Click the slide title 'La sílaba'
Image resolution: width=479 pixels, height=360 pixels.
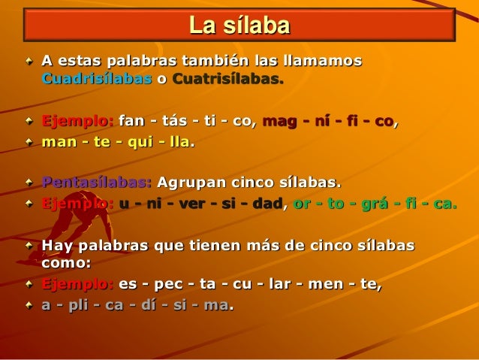click(x=239, y=26)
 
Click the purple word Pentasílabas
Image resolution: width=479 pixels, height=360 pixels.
click(x=96, y=183)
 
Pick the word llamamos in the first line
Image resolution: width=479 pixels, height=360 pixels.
click(x=320, y=59)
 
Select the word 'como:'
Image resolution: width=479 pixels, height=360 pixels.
click(x=66, y=263)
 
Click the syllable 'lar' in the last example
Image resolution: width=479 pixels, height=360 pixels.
click(x=288, y=285)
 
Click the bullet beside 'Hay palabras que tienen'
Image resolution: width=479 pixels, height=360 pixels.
click(x=29, y=245)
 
